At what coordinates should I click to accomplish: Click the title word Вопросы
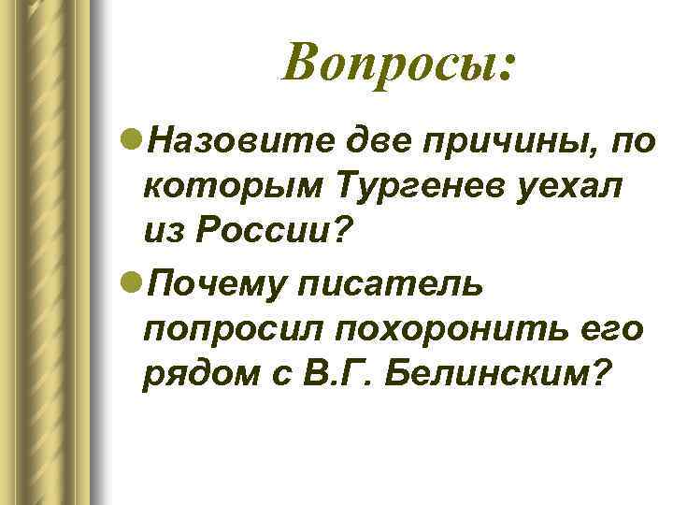[389, 65]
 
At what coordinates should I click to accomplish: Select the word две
[373, 142]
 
